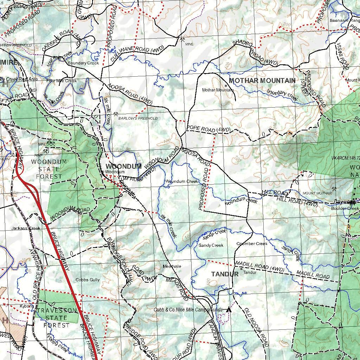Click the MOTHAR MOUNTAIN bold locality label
tap(262, 81)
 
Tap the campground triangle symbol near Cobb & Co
tap(229, 310)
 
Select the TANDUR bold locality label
tap(225, 274)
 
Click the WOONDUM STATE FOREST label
tap(49, 169)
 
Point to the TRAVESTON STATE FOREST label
tap(57, 318)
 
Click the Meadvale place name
tap(172, 266)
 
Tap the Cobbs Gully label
tap(88, 280)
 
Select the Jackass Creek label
tap(26, 229)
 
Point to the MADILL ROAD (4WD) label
tap(259, 266)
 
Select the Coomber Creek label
tap(252, 244)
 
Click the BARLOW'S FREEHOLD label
tap(138, 118)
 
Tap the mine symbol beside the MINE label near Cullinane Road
tap(182, 39)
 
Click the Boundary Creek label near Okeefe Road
tap(83, 63)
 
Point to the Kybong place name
tap(27, 306)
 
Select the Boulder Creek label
tap(345, 208)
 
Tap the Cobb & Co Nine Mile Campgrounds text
tap(188, 310)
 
